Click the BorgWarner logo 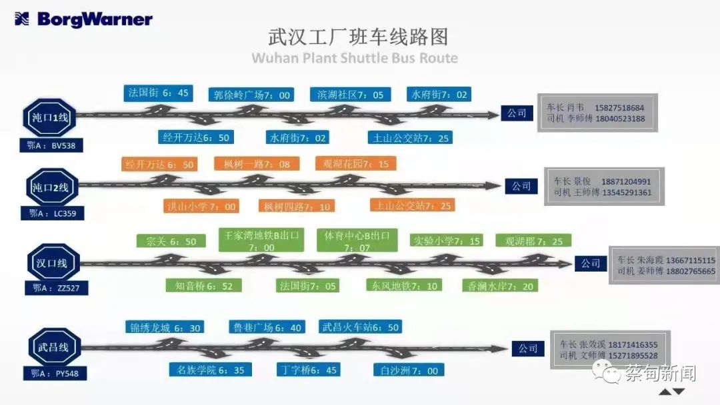coord(83,19)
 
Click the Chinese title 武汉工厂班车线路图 coord(357,36)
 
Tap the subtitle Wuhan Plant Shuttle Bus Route coord(355,57)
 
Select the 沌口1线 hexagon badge coord(50,118)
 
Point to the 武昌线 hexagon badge coord(53,348)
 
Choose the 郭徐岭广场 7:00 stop coord(252,95)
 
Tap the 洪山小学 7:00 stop coord(201,206)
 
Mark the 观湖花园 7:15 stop coord(355,164)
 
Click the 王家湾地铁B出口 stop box coord(261,240)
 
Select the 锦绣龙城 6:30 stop coord(165,328)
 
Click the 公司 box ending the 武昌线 coord(528,348)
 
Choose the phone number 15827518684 coord(619,107)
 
